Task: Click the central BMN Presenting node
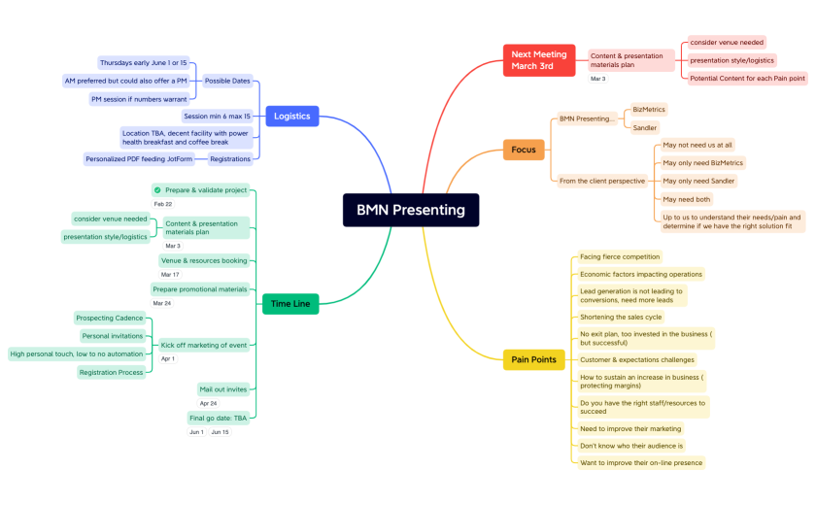[x=410, y=210]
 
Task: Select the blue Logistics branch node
[x=291, y=116]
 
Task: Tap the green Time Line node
[x=290, y=304]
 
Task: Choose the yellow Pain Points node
[x=533, y=360]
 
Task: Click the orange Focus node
[x=523, y=150]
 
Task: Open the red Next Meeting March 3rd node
[x=539, y=60]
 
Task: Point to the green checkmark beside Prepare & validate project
[x=157, y=190]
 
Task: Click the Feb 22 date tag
[x=163, y=205]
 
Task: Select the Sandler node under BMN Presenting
[x=644, y=127]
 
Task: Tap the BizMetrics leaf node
[x=648, y=110]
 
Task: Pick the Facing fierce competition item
[x=620, y=257]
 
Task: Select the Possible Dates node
[x=226, y=81]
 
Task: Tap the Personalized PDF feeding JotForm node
[x=140, y=158]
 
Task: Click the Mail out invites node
[x=223, y=389]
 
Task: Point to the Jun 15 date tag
[x=220, y=432]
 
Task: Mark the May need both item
[x=686, y=199]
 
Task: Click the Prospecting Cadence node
[x=110, y=318]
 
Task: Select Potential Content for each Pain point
[x=747, y=78]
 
